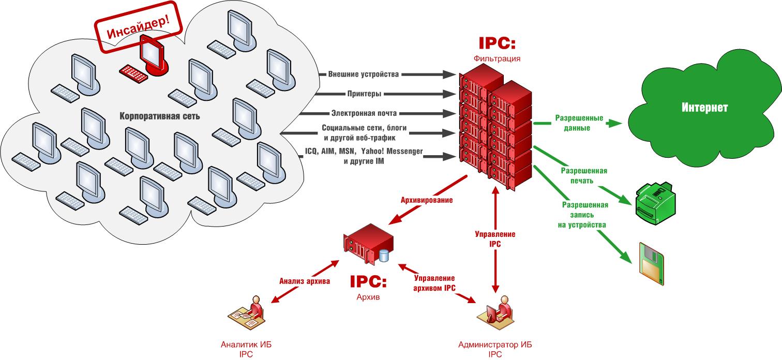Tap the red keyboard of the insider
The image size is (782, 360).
click(133, 73)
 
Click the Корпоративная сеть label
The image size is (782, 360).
click(160, 116)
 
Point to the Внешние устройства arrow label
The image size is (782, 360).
click(363, 74)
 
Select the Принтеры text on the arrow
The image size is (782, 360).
click(365, 94)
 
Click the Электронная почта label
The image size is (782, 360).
click(364, 113)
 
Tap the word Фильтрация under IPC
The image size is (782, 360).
click(497, 58)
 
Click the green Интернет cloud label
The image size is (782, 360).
click(704, 108)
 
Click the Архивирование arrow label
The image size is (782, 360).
click(427, 200)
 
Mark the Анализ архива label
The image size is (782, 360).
click(305, 281)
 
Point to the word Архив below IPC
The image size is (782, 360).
click(368, 297)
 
